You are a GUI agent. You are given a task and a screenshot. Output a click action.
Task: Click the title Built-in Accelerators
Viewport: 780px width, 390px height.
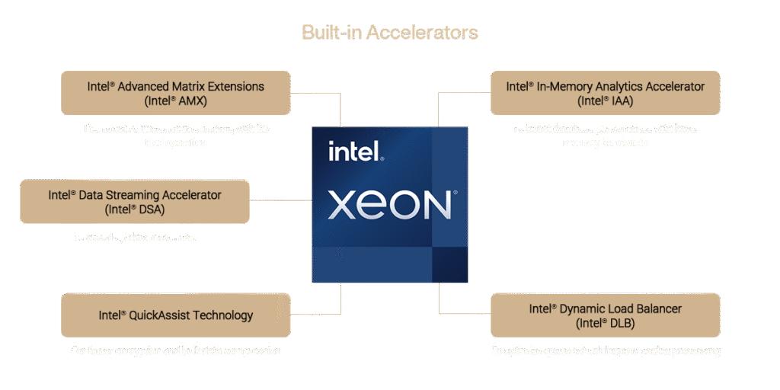(x=390, y=32)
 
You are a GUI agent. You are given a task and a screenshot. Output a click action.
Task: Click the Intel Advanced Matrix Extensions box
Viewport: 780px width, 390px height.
(x=176, y=93)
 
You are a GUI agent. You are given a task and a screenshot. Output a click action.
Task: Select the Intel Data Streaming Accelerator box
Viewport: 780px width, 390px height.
(x=134, y=201)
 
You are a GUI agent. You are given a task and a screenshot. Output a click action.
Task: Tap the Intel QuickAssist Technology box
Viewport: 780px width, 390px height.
(x=176, y=315)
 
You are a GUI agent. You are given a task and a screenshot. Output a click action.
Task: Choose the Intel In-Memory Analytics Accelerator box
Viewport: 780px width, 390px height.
(x=605, y=93)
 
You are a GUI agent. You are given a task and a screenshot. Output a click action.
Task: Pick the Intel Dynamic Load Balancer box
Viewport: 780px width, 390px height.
(x=605, y=315)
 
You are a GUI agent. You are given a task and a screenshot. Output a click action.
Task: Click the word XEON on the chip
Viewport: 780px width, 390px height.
(x=389, y=205)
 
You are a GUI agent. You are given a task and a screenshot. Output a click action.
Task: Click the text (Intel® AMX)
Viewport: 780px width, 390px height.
(x=176, y=101)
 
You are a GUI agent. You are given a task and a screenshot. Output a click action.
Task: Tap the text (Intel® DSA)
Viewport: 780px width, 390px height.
(x=134, y=209)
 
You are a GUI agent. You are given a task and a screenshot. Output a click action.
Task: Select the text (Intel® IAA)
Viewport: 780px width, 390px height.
(x=605, y=101)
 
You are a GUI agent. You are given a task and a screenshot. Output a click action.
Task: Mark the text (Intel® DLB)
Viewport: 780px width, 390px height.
(x=605, y=323)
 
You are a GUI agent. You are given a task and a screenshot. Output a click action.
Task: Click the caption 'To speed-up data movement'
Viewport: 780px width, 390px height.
(x=135, y=237)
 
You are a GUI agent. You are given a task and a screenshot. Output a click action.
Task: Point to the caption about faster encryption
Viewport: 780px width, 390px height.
(x=176, y=351)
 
